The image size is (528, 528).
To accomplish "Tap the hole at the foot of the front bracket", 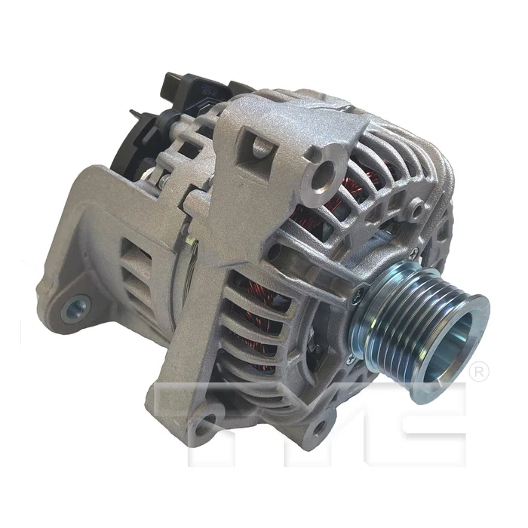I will [x=209, y=417].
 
